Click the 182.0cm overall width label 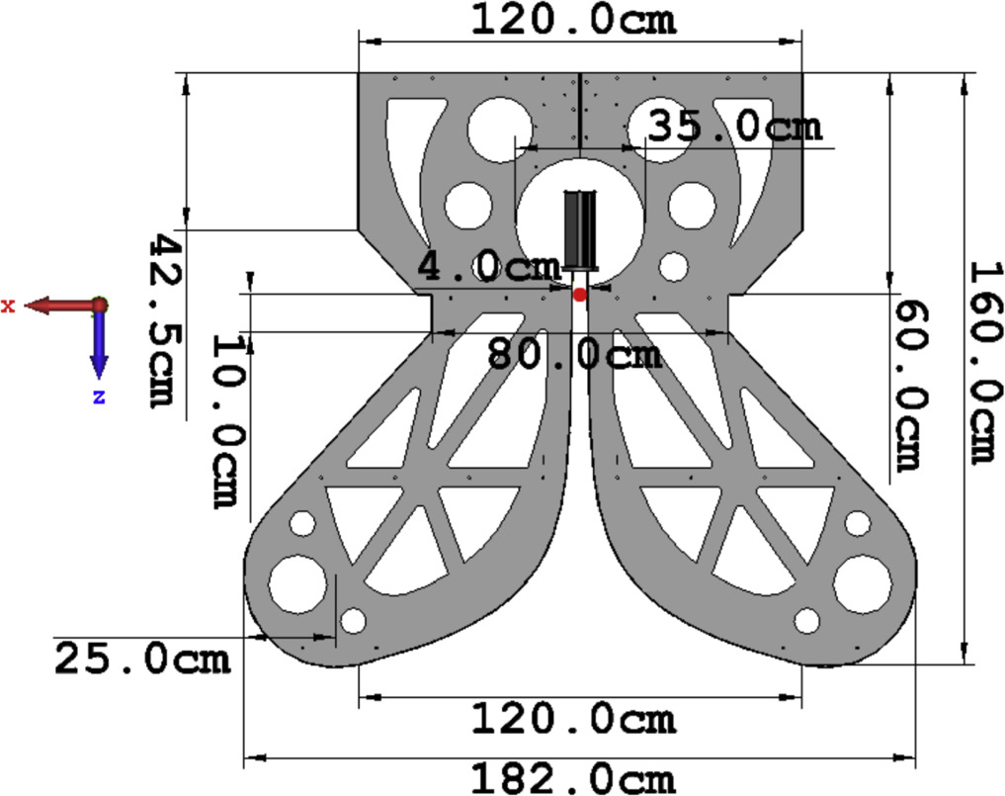click(572, 778)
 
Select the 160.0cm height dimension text click(982, 361)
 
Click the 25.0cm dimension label click(141, 658)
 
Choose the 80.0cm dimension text click(574, 353)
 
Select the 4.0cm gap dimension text click(488, 267)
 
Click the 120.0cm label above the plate click(572, 19)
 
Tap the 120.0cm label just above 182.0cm click(572, 719)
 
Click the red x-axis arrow click(59, 306)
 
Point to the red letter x click(8, 307)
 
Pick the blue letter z click(99, 397)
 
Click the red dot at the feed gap click(580, 295)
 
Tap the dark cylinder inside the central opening click(581, 229)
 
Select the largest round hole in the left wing click(296, 582)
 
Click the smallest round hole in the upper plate click(674, 266)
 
